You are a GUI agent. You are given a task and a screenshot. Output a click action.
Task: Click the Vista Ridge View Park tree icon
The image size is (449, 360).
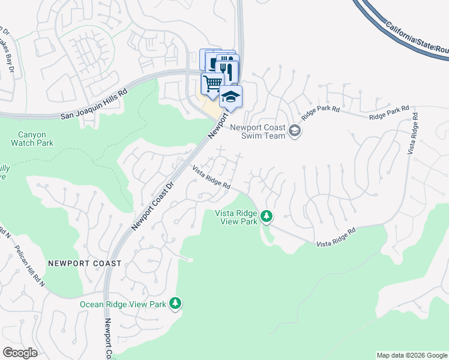266,216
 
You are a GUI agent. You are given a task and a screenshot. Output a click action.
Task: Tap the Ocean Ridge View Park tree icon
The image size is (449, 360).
175,304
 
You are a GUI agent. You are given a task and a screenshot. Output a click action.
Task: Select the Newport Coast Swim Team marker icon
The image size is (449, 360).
294,130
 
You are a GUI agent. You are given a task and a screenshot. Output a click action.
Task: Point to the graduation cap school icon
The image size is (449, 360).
231,95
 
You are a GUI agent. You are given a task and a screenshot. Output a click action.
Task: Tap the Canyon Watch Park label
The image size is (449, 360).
32,139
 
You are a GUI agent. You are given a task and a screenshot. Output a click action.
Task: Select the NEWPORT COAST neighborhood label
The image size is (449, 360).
85,263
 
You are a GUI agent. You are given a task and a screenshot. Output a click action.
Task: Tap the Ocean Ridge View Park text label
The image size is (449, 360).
123,304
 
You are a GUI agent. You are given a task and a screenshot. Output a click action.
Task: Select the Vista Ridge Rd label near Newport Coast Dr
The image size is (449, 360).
211,178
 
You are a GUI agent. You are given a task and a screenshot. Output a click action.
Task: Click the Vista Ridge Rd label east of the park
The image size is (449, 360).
336,237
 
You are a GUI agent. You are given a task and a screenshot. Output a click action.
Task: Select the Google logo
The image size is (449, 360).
20,353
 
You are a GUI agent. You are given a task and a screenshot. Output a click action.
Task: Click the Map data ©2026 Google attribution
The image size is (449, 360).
411,355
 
